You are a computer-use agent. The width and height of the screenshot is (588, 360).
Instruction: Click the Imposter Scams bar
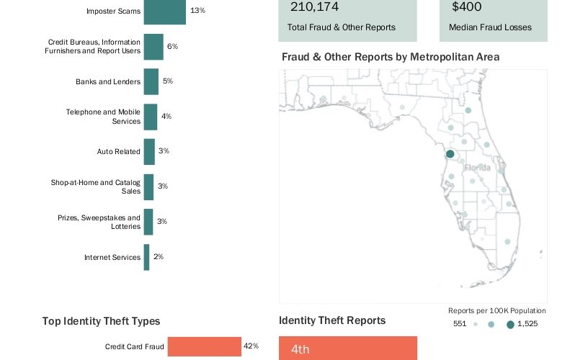tap(165, 12)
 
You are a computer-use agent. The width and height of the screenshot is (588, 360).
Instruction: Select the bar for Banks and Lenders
tap(151, 81)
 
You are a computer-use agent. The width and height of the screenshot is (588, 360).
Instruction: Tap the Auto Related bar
tap(149, 151)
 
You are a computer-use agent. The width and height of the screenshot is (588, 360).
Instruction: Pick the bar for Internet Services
tap(147, 257)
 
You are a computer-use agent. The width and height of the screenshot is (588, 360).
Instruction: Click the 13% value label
tap(197, 12)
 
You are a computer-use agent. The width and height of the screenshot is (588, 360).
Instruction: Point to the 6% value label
tap(172, 47)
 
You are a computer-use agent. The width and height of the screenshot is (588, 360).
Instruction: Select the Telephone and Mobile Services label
tap(103, 117)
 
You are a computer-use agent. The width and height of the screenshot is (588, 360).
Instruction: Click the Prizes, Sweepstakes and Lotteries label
tap(99, 222)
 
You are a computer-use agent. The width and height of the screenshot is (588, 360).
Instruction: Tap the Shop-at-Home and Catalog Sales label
tap(96, 186)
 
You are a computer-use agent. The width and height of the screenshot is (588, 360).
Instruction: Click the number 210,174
tap(315, 8)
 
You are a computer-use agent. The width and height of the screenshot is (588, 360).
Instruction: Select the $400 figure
tap(467, 8)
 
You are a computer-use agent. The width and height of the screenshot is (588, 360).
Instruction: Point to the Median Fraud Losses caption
tap(490, 27)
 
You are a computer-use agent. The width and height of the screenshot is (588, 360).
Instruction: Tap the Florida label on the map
tap(477, 168)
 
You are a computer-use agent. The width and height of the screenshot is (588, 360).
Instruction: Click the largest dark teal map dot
tap(450, 153)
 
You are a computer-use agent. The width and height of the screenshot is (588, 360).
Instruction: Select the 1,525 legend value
tap(527, 325)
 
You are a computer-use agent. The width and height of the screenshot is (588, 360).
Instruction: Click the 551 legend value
tap(460, 325)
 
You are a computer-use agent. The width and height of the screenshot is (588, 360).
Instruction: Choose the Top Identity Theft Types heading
tap(101, 322)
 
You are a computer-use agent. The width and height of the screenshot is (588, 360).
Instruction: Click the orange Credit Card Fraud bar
tap(204, 346)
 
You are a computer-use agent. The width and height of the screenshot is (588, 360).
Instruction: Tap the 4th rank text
tap(300, 349)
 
